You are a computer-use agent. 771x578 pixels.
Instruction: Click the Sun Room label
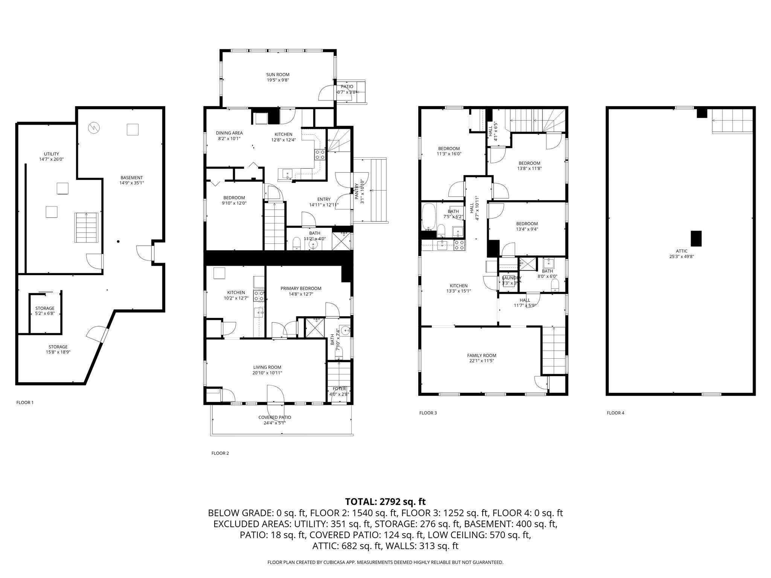(x=278, y=75)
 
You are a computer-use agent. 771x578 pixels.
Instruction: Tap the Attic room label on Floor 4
(x=681, y=251)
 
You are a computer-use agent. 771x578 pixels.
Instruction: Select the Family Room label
(x=481, y=355)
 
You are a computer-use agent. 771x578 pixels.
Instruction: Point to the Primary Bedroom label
(x=301, y=289)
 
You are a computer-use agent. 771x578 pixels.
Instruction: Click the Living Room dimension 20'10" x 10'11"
(x=267, y=373)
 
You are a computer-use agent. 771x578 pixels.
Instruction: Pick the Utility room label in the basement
(x=51, y=154)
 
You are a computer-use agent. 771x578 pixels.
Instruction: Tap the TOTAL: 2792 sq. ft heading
(x=385, y=502)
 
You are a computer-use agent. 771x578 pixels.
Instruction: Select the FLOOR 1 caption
(x=25, y=403)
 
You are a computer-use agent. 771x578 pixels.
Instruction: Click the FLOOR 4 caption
(x=616, y=413)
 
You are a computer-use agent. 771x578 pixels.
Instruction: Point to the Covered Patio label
(x=274, y=417)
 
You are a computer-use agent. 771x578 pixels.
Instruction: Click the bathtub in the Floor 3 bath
(x=428, y=216)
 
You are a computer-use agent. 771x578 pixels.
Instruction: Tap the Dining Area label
(x=229, y=133)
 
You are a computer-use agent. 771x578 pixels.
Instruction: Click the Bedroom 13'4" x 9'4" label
(x=527, y=224)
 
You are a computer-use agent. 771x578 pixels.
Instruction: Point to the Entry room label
(x=324, y=199)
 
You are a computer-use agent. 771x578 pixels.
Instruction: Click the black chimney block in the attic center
(x=696, y=238)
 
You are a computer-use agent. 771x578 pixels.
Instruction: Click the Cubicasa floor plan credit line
(x=385, y=562)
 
